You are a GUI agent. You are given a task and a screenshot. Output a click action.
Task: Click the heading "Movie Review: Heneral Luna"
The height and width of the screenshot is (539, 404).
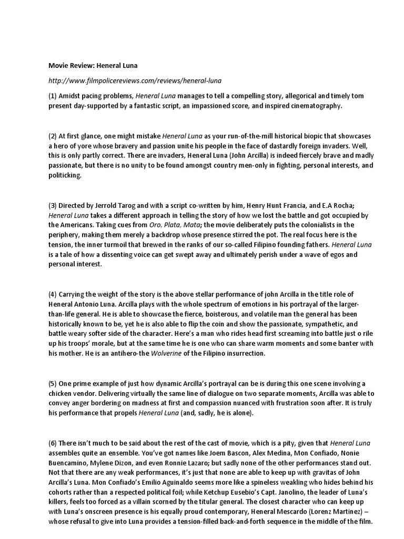93,66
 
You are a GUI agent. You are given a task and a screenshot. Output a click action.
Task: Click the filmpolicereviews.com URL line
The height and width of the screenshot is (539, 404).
135,81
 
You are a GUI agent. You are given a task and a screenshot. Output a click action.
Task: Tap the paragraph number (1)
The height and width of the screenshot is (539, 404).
53,96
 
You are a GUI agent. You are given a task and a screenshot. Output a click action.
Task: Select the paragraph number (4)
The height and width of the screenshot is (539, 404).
53,294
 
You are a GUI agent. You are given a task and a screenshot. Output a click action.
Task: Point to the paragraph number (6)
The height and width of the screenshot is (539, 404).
53,443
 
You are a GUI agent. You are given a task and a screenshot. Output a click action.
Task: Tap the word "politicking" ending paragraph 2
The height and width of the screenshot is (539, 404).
65,175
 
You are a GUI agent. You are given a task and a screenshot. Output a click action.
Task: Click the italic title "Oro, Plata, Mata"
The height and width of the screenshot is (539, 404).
172,225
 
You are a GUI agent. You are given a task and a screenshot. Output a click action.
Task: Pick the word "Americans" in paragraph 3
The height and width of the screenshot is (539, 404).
72,225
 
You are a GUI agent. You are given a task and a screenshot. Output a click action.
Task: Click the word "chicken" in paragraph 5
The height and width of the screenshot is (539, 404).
61,393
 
